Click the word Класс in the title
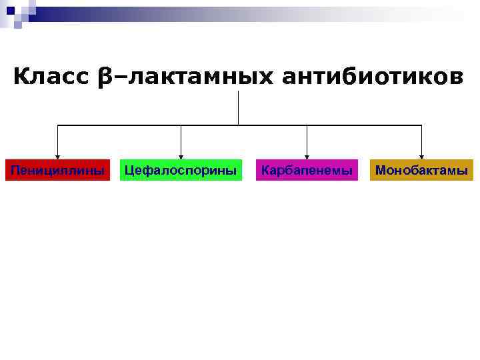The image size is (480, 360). click(51, 77)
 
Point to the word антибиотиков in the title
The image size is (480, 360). click(371, 77)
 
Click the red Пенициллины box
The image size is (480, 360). click(57, 170)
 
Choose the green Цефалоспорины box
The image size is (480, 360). click(181, 170)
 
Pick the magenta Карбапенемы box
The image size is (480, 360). click(307, 170)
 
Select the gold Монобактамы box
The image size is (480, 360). click(421, 170)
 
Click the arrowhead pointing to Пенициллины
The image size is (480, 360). click(57, 157)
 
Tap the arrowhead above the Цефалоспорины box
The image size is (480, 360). click(181, 157)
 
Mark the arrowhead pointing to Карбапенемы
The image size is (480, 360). click(307, 157)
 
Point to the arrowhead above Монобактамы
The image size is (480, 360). click(421, 157)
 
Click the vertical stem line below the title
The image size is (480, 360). click(238, 108)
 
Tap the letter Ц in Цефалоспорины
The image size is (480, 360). click(129, 170)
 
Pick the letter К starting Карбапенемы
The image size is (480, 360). click(265, 170)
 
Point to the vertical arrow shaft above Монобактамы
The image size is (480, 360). click(421, 140)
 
